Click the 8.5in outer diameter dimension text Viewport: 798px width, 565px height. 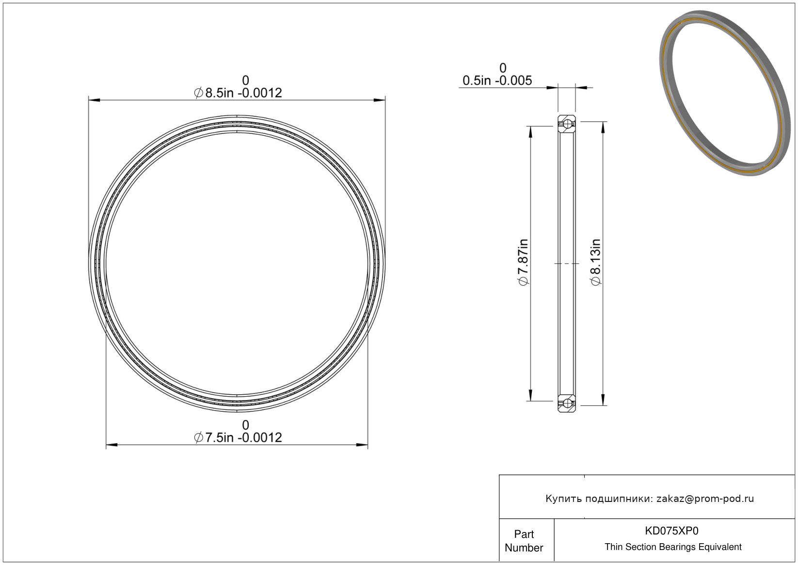point(238,93)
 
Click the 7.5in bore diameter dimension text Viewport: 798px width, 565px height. point(238,437)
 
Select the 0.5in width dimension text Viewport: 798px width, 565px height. point(497,81)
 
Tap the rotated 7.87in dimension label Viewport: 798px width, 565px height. point(523,262)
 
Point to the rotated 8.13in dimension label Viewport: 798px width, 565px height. point(595,262)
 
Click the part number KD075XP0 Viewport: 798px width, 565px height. point(671,531)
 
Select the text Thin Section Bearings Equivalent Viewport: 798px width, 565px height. point(673,547)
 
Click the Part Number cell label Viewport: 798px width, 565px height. point(524,541)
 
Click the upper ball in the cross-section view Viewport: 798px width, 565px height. point(567,124)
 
